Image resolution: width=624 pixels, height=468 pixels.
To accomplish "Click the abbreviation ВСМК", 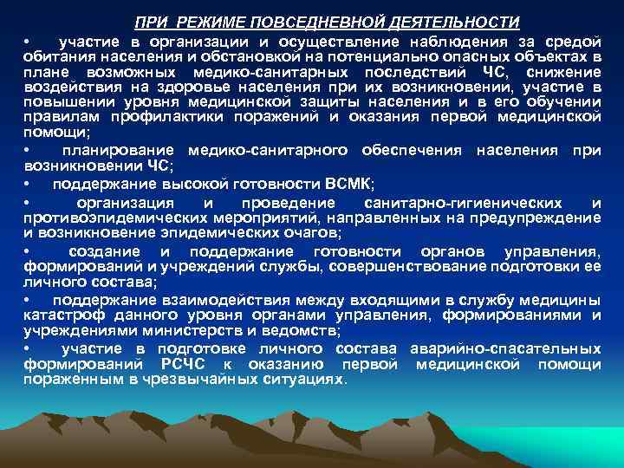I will coord(348,185).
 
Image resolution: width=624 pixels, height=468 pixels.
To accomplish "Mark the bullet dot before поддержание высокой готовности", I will coord(27,185).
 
